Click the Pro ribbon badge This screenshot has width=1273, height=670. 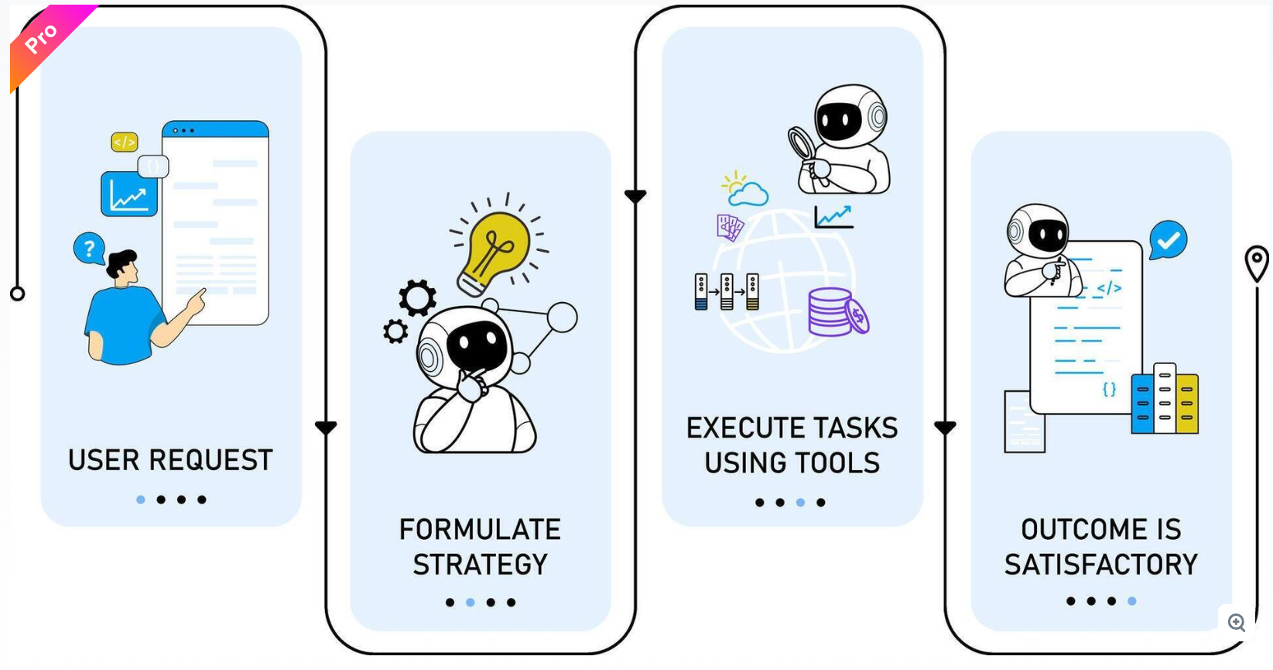point(43,39)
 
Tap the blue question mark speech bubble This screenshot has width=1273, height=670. point(89,249)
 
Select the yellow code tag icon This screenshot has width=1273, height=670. point(125,142)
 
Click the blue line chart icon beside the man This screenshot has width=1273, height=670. point(128,194)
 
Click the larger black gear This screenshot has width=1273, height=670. point(418,297)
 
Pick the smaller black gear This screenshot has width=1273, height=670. point(395,332)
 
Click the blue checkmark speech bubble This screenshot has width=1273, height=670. point(1168,240)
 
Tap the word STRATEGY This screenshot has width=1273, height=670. point(480,565)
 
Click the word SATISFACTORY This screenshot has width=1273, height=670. point(1100,565)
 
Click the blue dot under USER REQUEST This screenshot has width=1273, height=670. point(140,500)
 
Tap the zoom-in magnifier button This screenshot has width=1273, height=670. point(1236,622)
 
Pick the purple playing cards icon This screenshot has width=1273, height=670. point(730,227)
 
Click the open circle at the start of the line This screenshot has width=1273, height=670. point(17,294)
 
